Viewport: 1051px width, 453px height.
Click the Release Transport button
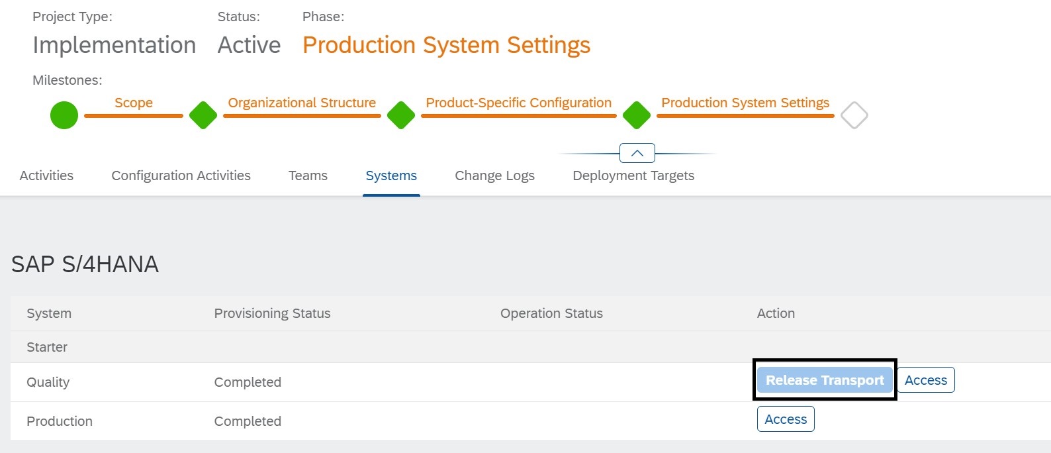825,379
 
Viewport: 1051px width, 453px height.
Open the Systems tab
391,176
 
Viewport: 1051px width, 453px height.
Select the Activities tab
46,176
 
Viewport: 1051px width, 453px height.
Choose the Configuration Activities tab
181,176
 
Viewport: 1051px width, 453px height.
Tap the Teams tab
308,176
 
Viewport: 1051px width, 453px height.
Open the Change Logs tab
494,176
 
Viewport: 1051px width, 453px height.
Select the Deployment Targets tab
633,176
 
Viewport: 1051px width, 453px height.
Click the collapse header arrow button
637,153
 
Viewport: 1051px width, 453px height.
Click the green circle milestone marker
64,115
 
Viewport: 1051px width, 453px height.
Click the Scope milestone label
134,103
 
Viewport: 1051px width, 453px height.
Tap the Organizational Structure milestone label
302,103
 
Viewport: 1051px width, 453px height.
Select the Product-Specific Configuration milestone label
518,103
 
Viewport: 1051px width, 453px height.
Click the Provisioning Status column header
272,313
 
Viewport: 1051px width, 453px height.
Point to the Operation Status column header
551,313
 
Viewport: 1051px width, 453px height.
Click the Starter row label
47,347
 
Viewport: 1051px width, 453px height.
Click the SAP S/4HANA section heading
85,264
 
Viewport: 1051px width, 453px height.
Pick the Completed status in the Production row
248,421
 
